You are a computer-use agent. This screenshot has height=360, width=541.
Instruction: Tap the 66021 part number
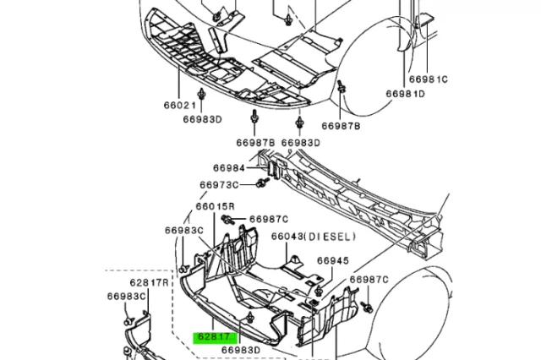(179, 106)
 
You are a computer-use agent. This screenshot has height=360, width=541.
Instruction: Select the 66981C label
(429, 79)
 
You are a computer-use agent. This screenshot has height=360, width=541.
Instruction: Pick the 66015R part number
(215, 206)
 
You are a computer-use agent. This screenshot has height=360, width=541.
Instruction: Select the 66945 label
(332, 261)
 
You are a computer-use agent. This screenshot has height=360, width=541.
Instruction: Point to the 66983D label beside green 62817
(241, 348)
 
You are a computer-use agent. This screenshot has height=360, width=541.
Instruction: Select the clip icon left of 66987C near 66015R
(228, 220)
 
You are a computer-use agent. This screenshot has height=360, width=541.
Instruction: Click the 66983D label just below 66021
(201, 119)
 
